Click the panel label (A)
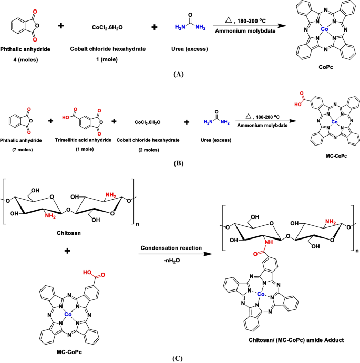[x=178, y=75]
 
